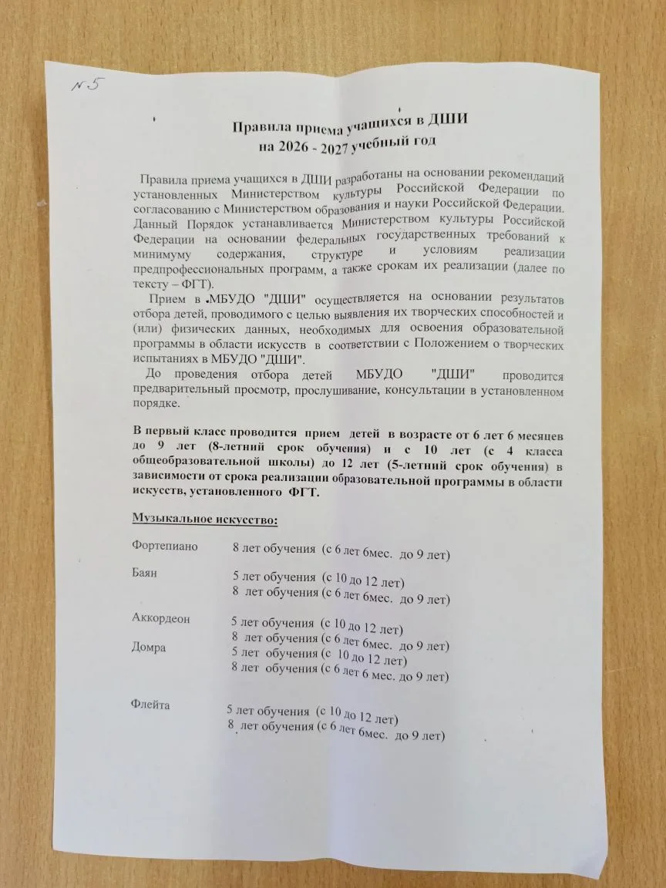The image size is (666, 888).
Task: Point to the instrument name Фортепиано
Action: [165, 547]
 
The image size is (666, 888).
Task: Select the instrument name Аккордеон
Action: [160, 618]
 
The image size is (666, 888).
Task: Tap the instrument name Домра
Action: [149, 647]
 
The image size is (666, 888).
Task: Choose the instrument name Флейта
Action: [150, 705]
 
